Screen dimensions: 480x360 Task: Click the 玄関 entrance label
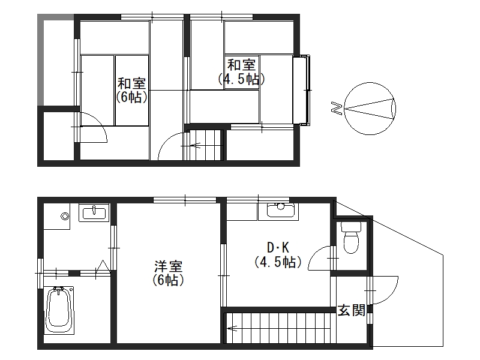click(352, 310)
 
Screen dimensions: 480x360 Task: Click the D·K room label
click(278, 247)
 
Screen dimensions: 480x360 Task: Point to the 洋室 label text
click(168, 266)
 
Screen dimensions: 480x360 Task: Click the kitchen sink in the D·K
click(281, 211)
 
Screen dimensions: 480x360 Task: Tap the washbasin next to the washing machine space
click(94, 212)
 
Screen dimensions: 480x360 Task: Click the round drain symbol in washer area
click(65, 217)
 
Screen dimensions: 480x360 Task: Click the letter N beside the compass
click(337, 108)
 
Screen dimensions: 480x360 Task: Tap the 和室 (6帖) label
click(131, 91)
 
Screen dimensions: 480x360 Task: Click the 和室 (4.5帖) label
click(241, 72)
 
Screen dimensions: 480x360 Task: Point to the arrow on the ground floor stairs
click(232, 328)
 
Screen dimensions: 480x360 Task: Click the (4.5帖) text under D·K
click(278, 262)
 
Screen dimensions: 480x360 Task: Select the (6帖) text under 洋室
click(168, 280)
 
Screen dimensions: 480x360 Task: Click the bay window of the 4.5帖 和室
click(302, 91)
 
